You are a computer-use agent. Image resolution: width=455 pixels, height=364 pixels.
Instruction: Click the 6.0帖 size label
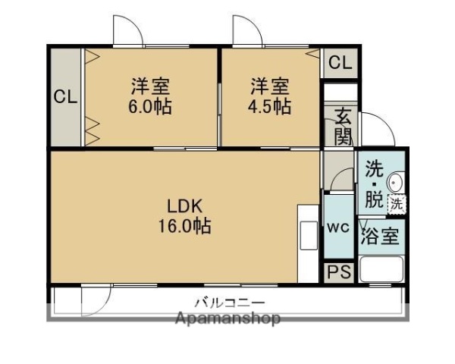point(149,106)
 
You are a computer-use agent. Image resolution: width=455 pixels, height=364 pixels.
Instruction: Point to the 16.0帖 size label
point(184,225)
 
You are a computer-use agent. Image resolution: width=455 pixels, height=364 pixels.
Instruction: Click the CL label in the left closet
point(65,97)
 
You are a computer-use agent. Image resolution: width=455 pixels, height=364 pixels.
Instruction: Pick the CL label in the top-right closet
point(340,63)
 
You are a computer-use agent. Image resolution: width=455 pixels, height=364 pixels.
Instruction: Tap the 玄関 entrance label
point(343,127)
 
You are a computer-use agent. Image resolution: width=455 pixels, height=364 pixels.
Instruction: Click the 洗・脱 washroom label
point(374,184)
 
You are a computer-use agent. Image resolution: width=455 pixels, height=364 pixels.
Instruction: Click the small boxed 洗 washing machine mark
point(397,203)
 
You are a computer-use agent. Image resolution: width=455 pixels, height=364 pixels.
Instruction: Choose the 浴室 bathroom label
point(380,236)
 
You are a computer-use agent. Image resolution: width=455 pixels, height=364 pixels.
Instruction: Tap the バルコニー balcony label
point(228,300)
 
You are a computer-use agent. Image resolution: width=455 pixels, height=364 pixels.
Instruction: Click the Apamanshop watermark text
point(228,318)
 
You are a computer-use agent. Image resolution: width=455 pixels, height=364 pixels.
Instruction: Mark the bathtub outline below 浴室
point(381,270)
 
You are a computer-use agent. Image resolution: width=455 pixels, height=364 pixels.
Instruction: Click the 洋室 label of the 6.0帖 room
point(149,86)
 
